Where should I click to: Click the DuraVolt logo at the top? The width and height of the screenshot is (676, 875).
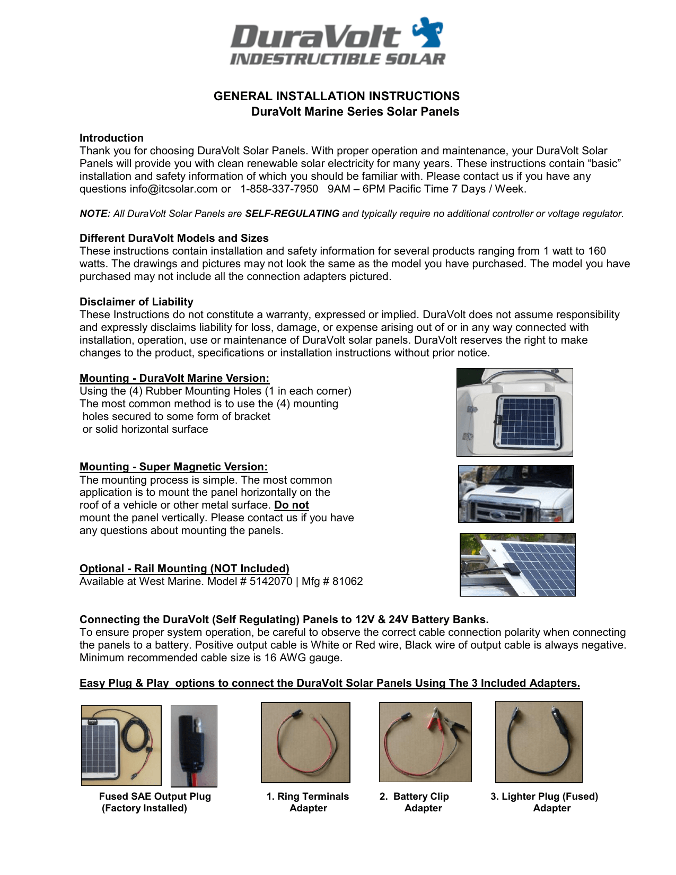pos(337,42)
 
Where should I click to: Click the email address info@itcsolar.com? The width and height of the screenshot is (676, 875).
pos(173,189)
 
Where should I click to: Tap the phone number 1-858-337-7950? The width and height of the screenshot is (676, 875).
pos(279,189)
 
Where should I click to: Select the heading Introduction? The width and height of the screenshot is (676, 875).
pos(111,138)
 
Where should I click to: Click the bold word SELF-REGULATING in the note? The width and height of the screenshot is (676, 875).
pos(292,214)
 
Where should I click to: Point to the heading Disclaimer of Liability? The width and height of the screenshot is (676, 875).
pos(136,302)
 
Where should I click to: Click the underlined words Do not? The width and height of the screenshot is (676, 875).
pos(292,505)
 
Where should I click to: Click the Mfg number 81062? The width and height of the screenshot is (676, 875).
pos(347,582)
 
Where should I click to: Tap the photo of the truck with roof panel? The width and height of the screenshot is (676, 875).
pos(516,494)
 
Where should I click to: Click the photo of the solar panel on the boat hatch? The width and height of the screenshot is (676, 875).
pos(514,412)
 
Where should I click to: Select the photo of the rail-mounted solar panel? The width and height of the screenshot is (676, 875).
pos(517,565)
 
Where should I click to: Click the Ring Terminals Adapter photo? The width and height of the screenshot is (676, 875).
pos(305,742)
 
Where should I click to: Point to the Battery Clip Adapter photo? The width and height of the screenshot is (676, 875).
pos(425,742)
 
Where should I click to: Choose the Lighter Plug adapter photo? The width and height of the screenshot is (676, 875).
pos(539,742)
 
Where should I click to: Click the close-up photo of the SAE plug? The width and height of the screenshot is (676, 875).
pos(194,746)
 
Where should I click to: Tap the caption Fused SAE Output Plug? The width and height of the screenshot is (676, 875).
pos(155,797)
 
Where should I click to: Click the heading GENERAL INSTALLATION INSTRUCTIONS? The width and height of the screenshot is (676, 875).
pos(337,96)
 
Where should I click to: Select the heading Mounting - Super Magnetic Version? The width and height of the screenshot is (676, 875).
pos(173,467)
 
